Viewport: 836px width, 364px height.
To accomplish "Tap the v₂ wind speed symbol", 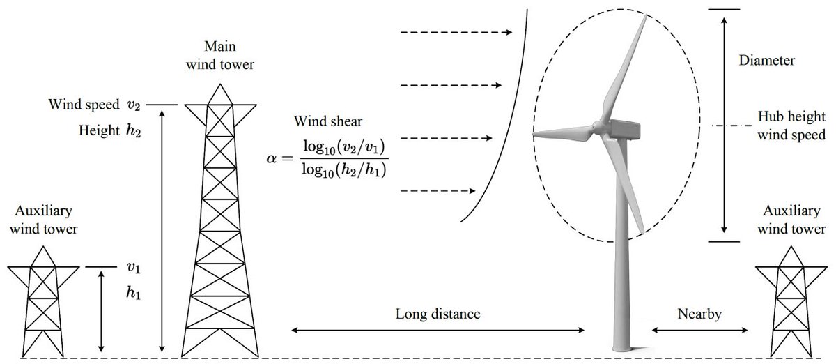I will [134, 105].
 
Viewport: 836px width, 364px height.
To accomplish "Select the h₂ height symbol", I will [134, 130].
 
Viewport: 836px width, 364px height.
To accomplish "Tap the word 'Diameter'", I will [766, 61].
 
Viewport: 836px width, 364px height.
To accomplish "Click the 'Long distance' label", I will [438, 314].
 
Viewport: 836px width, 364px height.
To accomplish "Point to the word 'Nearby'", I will [699, 314].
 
